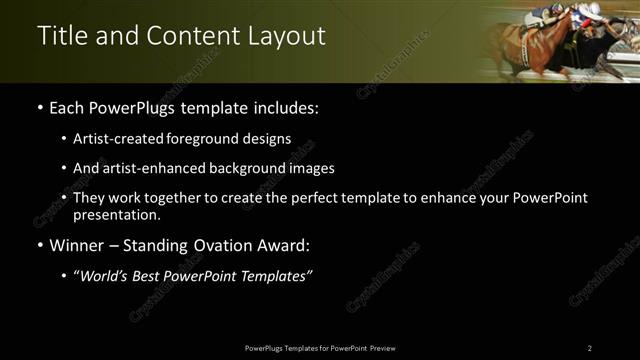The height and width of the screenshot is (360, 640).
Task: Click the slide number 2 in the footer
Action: (589, 348)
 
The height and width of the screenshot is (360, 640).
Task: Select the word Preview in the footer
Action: (382, 348)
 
